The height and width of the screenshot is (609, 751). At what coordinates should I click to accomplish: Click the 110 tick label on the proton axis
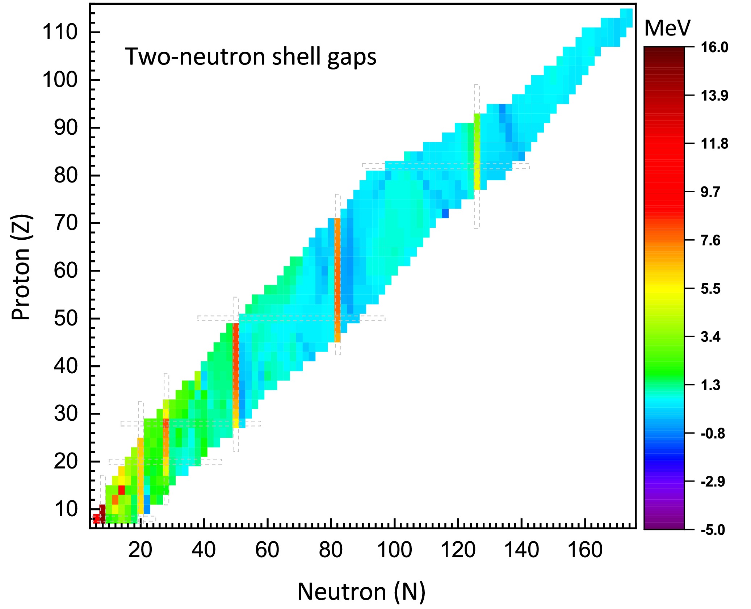click(x=60, y=32)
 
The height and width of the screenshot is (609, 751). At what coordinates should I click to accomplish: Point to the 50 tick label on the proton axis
click(x=66, y=319)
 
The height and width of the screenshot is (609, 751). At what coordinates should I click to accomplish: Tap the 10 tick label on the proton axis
click(x=66, y=509)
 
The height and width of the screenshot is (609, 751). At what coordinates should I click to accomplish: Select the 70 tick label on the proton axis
click(x=66, y=223)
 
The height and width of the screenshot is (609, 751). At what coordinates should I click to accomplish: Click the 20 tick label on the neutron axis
click(x=140, y=550)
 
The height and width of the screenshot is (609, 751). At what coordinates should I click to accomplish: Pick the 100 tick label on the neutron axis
click(x=394, y=550)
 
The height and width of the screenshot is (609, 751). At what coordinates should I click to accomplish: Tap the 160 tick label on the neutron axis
click(x=585, y=550)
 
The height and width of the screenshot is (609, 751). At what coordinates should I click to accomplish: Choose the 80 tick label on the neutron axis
click(x=331, y=550)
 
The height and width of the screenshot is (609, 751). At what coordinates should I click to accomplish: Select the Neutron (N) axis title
click(x=361, y=592)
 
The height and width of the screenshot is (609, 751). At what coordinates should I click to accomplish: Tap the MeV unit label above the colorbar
click(x=667, y=28)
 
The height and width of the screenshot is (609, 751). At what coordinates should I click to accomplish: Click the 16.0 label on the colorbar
click(x=714, y=47)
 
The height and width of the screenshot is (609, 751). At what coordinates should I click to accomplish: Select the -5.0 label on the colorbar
click(x=713, y=530)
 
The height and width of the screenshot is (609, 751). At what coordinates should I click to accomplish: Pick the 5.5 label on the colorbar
click(x=710, y=289)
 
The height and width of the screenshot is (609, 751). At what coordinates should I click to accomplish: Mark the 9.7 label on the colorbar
click(x=710, y=192)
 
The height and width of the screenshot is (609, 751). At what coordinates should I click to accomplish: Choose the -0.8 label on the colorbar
click(x=713, y=433)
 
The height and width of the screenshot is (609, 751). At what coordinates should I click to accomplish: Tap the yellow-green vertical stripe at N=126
click(x=477, y=152)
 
